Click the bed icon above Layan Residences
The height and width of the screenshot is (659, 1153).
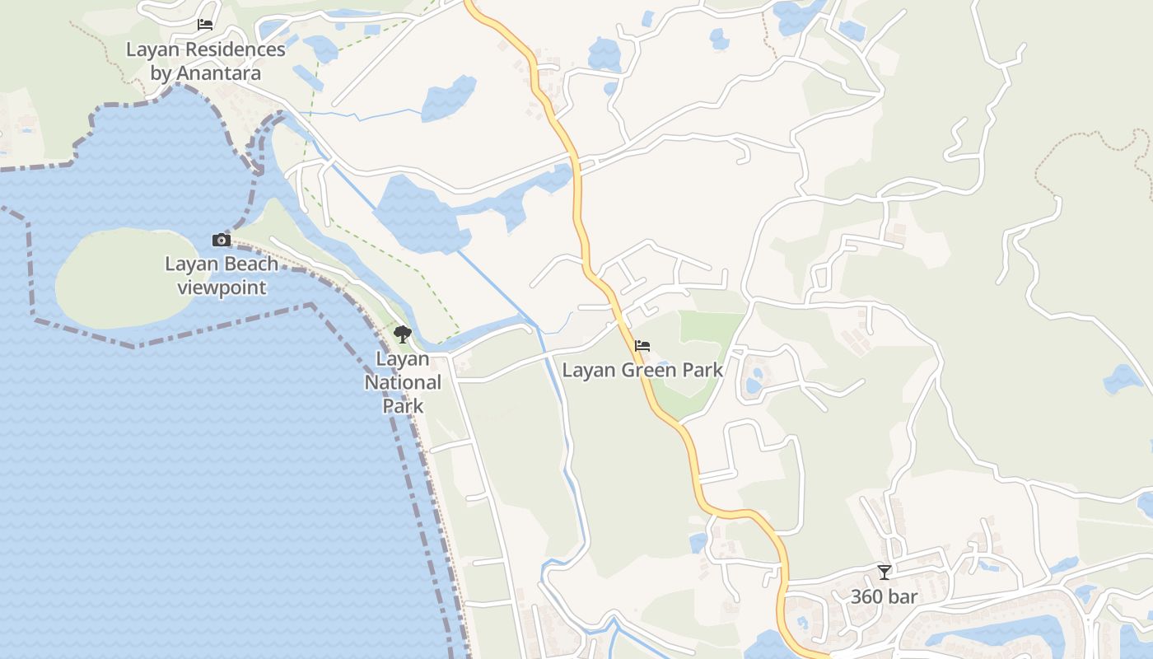205,25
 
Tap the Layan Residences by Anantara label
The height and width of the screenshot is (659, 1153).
206,61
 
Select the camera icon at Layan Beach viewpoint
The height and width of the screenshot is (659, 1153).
222,240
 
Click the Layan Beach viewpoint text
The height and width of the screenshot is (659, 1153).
222,275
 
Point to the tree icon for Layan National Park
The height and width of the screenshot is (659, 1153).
403,334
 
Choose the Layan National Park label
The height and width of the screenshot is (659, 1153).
403,382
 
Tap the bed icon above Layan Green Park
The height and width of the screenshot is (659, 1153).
642,346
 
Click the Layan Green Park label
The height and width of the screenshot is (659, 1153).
642,370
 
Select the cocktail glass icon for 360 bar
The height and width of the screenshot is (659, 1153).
885,572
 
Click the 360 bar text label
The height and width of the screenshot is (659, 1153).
884,596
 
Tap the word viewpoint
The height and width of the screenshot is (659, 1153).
222,287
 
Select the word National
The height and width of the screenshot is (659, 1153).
403,382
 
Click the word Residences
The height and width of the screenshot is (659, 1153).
234,49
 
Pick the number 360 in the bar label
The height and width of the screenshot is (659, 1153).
866,596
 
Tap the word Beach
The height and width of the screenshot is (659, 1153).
245,264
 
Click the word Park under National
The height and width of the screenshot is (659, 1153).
403,405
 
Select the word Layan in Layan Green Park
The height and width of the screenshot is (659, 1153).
588,370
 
